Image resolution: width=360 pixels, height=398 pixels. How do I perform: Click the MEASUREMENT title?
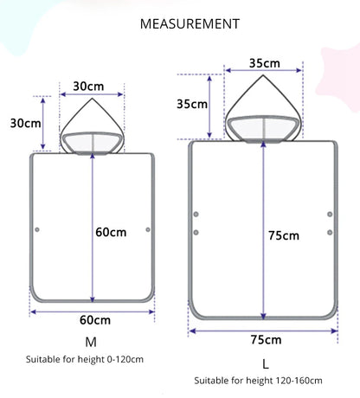pyautogui.click(x=190, y=24)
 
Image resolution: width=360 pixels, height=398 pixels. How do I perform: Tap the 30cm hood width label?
pyautogui.click(x=88, y=87)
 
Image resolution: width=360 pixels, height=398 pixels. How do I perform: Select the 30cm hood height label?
pyautogui.click(x=25, y=123)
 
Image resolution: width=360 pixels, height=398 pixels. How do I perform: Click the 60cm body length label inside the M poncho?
pyautogui.click(x=111, y=232)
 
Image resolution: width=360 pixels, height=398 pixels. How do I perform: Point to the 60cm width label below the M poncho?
pyautogui.click(x=95, y=320)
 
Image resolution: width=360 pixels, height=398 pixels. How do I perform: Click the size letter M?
pyautogui.click(x=91, y=342)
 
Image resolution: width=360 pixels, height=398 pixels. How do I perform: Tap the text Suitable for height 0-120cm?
pyautogui.click(x=85, y=359)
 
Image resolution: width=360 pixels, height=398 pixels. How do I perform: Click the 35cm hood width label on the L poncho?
pyautogui.click(x=265, y=63)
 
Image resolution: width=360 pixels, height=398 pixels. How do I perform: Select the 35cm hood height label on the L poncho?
pyautogui.click(x=192, y=104)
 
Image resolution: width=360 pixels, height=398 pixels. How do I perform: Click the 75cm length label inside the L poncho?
pyautogui.click(x=284, y=235)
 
